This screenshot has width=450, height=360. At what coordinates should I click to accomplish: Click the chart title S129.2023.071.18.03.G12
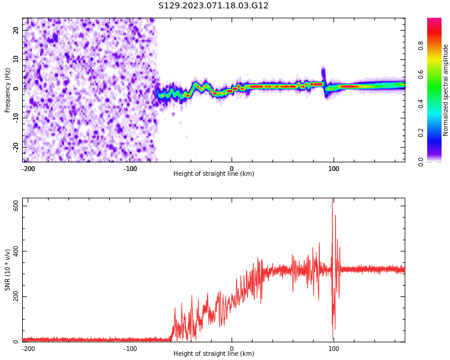(213, 6)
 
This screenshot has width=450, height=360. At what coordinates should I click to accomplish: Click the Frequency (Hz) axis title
(8, 90)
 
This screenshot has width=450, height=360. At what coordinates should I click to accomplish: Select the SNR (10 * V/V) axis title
(8, 270)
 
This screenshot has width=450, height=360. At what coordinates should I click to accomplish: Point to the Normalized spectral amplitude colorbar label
(446, 90)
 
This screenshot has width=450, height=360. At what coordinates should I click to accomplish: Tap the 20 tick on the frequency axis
(16, 30)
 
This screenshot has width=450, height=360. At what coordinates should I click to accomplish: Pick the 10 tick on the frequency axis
(16, 59)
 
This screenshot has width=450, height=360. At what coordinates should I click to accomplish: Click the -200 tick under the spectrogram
(28, 168)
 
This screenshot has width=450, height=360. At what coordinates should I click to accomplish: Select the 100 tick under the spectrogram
(334, 168)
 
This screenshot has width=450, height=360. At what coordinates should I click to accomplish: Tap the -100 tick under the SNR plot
(130, 348)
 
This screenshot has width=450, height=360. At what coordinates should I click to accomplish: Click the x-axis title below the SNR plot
(214, 354)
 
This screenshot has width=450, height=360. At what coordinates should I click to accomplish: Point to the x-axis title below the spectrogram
(214, 174)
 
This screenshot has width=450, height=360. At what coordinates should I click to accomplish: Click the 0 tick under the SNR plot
(232, 348)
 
